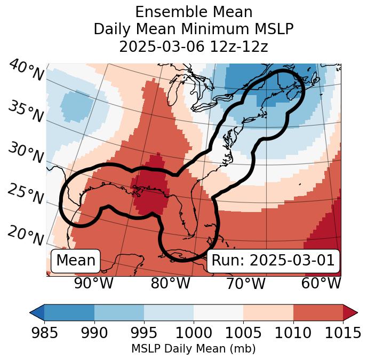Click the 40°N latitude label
[x=26, y=70]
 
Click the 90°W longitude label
[x=94, y=283]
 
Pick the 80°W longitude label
[x=170, y=283]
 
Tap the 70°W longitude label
[x=245, y=283]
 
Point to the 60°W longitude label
[x=321, y=283]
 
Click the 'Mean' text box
[x=76, y=261]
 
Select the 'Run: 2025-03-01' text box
[x=273, y=261]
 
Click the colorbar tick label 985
[x=44, y=333]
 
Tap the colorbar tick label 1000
[x=194, y=333]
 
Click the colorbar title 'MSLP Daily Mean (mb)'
[x=193, y=349]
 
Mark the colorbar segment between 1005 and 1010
[x=268, y=312]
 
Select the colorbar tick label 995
[x=144, y=333]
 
